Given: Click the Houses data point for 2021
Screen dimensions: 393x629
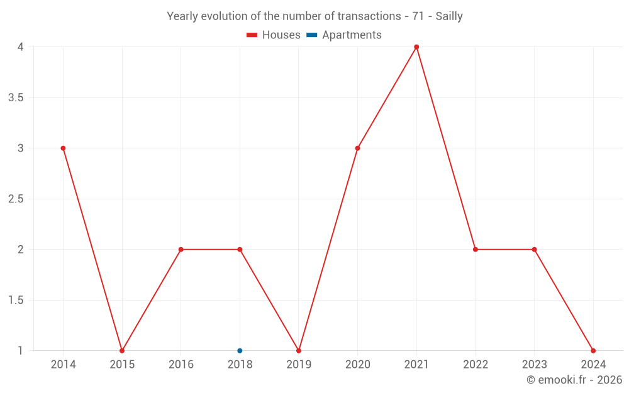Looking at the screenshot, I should pos(416,47).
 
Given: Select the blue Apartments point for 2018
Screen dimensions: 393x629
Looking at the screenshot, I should pos(240,351).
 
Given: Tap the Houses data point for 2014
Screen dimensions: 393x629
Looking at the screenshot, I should pos(63,148).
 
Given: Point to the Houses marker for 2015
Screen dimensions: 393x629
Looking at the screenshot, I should pos(122,351).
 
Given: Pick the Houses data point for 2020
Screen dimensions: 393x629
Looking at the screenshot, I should pos(357,148).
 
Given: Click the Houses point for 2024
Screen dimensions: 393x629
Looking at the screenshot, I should pos(593,351).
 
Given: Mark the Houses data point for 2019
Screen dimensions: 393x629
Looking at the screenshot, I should pos(299,351).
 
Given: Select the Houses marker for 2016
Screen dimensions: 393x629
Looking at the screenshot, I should pos(181,250).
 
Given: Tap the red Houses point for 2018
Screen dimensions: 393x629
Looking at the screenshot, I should pos(240,250).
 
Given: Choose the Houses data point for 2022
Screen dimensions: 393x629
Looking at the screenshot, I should pos(476,250).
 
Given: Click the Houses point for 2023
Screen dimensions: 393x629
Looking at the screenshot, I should pos(534,250).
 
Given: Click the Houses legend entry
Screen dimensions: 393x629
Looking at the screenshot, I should pos(274,35).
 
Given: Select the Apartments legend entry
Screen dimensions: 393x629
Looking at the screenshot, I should pos(344,35).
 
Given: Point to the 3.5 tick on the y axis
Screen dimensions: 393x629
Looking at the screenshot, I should pos(17,97).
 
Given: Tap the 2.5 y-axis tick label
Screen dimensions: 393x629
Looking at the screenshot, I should pos(17,199).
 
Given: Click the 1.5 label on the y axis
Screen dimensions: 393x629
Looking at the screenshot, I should pos(17,300).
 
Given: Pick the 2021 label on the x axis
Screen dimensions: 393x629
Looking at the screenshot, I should pos(416,365).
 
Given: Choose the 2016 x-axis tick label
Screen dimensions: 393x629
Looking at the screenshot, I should pos(181,365).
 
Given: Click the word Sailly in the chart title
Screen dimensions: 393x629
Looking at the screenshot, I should pos(448,16).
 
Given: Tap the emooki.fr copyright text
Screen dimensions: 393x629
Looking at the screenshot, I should pos(574,380).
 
